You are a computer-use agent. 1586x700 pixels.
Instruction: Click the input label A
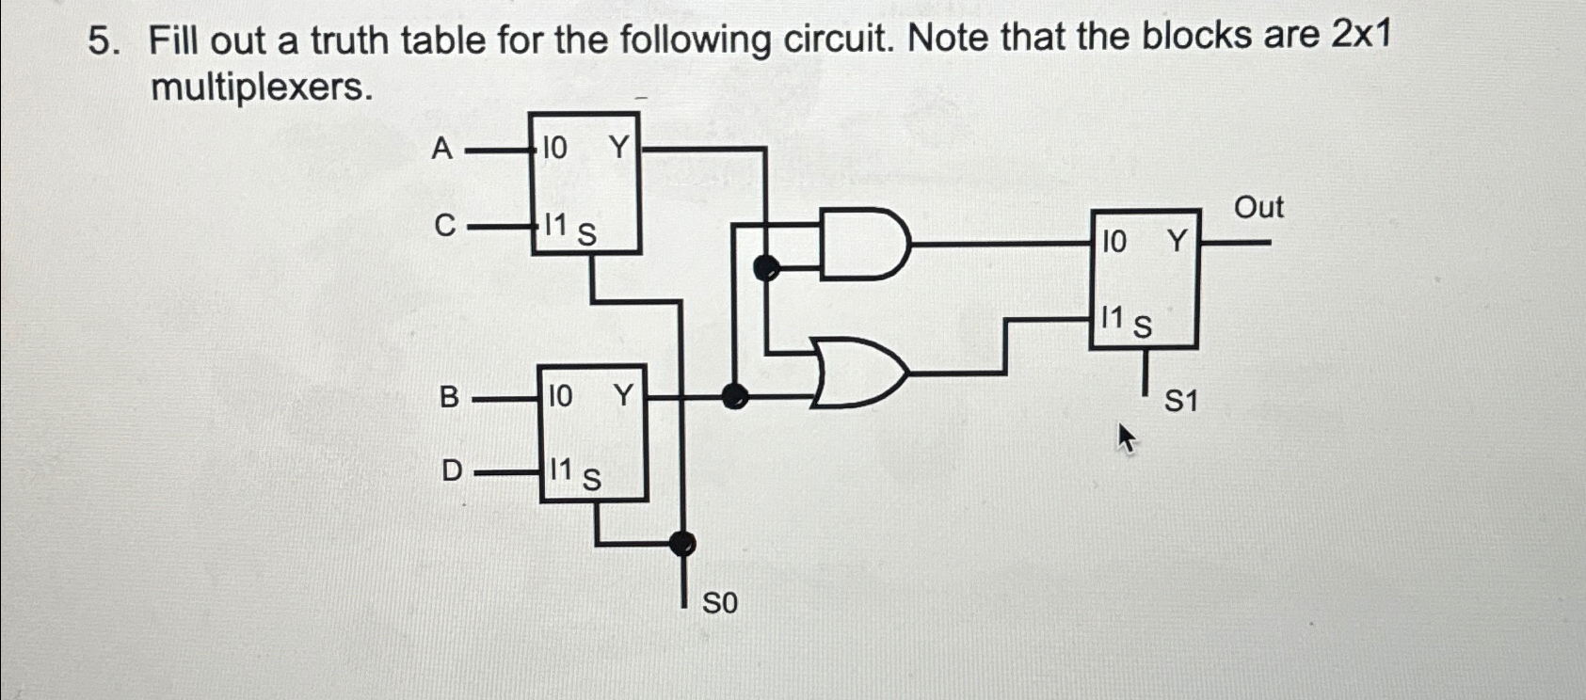tap(441, 149)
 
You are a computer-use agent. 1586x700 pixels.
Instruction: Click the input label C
tap(444, 226)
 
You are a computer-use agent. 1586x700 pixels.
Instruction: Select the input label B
tap(450, 398)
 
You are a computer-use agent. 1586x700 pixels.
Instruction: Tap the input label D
tap(452, 469)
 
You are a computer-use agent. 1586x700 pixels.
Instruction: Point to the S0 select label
tap(720, 603)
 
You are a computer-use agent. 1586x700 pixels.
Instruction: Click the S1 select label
tap(1181, 403)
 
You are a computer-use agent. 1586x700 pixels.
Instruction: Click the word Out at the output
tap(1258, 207)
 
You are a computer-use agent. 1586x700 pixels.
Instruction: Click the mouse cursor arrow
tap(1126, 438)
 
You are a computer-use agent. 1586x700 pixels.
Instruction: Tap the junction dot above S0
tap(682, 543)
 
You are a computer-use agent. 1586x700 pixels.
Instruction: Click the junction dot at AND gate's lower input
tap(767, 268)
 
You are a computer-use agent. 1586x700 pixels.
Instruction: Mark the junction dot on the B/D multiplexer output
tap(733, 397)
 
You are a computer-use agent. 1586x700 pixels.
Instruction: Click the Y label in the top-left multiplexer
tap(617, 147)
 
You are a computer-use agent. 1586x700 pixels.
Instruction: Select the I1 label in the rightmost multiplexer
tap(1113, 318)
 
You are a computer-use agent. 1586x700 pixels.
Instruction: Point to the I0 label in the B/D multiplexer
tap(559, 396)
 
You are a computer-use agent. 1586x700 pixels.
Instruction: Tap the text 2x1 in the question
tap(1361, 36)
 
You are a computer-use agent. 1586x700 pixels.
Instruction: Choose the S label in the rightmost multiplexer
tap(1142, 326)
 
